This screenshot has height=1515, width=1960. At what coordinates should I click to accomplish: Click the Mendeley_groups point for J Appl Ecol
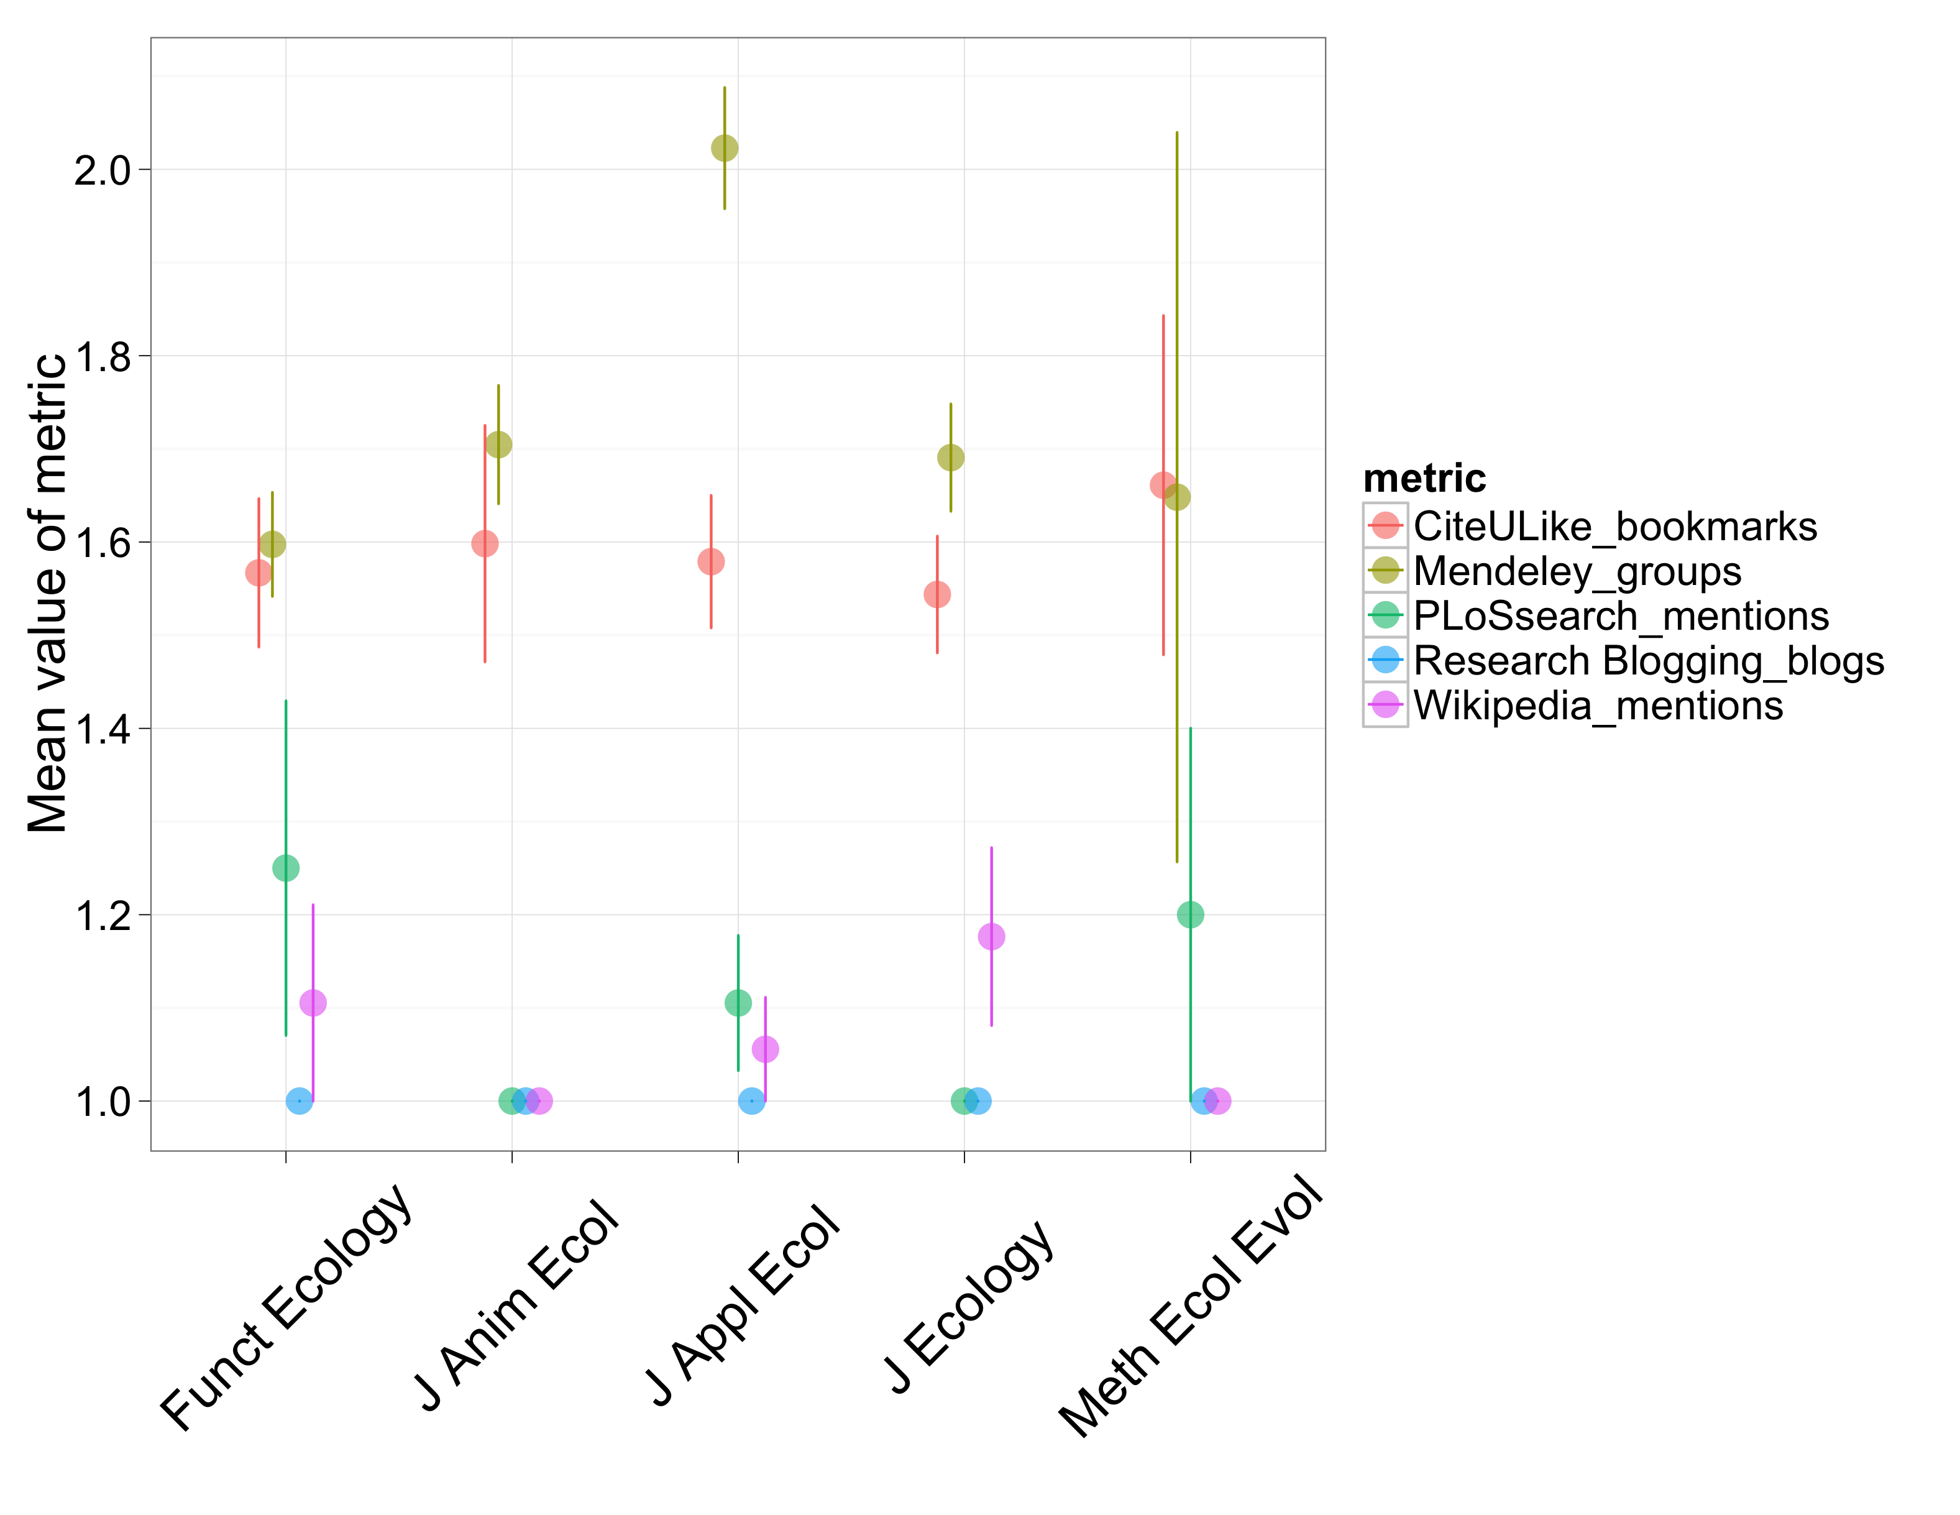click(724, 148)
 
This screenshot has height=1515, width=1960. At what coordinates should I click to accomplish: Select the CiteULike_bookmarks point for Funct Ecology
click(259, 573)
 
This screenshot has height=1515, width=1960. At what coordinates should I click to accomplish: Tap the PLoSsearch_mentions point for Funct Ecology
click(285, 868)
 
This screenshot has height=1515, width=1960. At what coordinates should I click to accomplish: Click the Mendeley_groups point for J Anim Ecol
click(498, 444)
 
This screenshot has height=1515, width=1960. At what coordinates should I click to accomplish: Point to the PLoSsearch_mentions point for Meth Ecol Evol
click(1190, 914)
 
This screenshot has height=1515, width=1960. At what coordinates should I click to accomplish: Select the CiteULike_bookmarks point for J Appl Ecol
click(711, 562)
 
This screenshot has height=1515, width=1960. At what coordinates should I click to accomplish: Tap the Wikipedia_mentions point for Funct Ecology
click(313, 1003)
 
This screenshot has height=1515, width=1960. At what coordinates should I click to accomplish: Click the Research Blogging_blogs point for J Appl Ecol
click(751, 1100)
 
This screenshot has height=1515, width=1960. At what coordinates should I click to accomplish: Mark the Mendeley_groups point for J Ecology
click(950, 458)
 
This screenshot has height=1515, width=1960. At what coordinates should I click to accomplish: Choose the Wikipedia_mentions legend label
click(1598, 706)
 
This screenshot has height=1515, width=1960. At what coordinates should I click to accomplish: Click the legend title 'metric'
click(1424, 479)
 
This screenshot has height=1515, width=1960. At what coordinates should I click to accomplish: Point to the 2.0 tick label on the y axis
click(103, 170)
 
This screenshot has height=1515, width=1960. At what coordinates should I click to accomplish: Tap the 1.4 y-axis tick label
click(103, 729)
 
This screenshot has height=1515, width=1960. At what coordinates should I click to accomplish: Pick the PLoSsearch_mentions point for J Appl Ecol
click(738, 1003)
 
